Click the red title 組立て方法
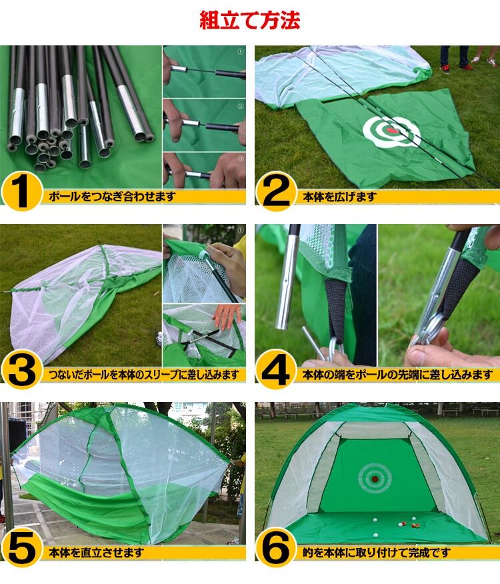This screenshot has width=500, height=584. coord(250,20)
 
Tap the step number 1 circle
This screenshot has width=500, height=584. coord(21,191)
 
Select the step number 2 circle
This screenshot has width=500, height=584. coord(276,191)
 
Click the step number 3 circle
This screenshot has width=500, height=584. coord(21,369)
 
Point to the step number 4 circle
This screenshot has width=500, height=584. coord(276,369)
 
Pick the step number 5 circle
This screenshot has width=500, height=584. coord(21,547)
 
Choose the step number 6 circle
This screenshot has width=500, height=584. coord(276,547)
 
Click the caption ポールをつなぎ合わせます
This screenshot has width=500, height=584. coord(112,196)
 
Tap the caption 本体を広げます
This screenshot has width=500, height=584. coord(339,196)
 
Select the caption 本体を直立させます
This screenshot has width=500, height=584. coord(96,553)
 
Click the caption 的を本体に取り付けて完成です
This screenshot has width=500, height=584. coord(377,553)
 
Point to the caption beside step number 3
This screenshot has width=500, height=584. coord(144,374)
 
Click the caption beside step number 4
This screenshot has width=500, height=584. coord(398,374)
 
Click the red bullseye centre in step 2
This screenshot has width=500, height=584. coord(391,131)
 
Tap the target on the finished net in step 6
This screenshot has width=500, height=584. coord(375,478)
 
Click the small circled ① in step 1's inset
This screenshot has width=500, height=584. coord(241,52)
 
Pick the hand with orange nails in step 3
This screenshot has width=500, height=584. coord(225,315)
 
